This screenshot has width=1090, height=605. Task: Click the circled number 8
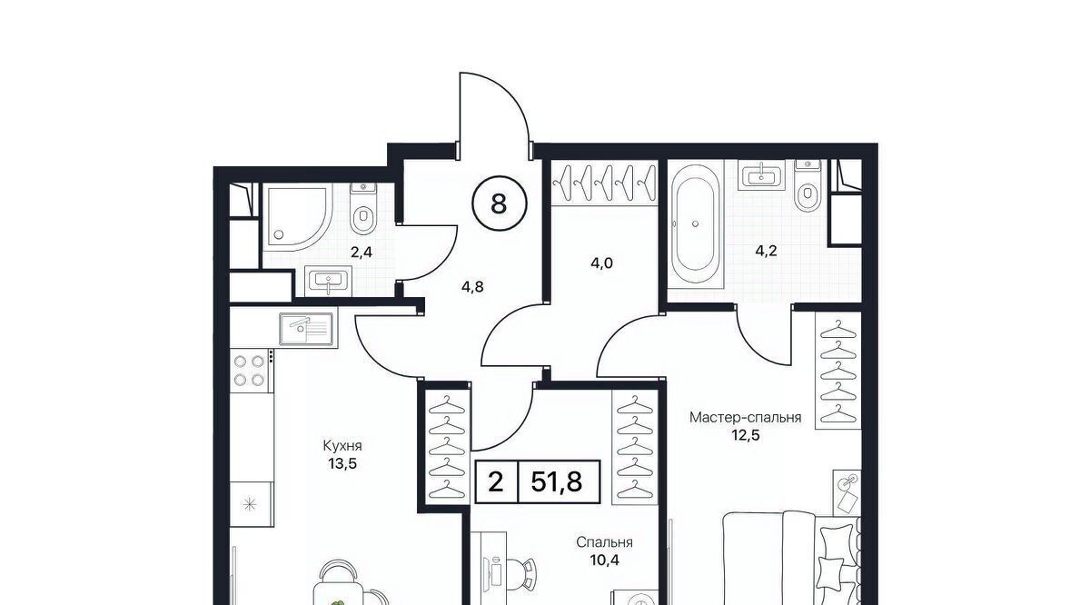click(499, 203)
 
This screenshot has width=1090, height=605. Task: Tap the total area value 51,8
click(557, 482)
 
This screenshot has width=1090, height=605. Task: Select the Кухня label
click(342, 446)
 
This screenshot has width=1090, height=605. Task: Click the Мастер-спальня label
click(746, 418)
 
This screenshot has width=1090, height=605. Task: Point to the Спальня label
click(604, 542)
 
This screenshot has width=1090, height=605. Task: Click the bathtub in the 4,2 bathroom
click(695, 223)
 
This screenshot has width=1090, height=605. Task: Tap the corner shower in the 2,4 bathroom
click(298, 217)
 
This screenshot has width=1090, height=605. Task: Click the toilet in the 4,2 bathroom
click(808, 186)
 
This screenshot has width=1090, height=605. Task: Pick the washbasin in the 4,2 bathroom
click(761, 174)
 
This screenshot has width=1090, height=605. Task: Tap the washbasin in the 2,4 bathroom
click(329, 281)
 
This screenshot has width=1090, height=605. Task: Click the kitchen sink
click(306, 330)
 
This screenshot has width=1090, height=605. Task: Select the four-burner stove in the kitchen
click(249, 371)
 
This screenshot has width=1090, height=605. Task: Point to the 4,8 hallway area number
click(472, 287)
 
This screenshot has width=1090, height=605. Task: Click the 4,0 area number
click(601, 263)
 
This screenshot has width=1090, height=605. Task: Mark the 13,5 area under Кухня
click(342, 464)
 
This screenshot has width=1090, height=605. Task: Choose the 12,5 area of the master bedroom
click(746, 434)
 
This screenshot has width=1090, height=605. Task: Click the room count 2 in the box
click(496, 482)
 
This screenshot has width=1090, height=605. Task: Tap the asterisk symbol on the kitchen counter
click(250, 504)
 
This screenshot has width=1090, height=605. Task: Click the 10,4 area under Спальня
click(604, 560)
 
